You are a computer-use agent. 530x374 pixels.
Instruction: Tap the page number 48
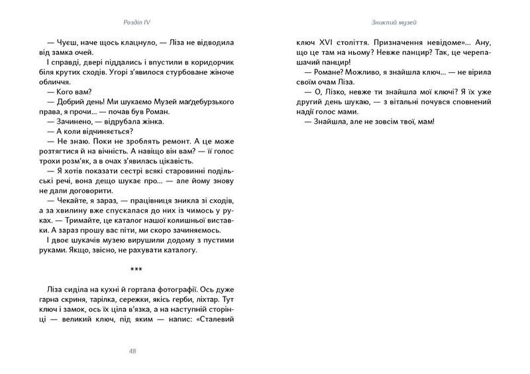(x=132, y=351)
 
